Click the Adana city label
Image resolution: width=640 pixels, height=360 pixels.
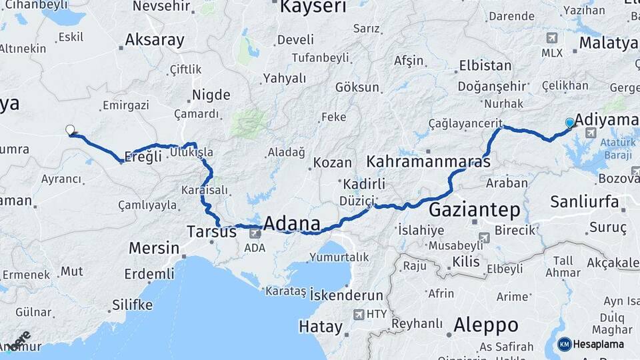(292, 223)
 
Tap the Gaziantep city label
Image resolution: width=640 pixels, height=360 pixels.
(474, 211)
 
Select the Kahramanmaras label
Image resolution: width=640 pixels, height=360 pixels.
(429, 162)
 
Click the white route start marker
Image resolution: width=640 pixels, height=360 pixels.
(70, 129)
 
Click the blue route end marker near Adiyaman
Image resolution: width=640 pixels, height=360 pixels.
(569, 123)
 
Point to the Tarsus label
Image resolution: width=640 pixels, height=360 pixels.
(211, 232)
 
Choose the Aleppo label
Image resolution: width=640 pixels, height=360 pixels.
(485, 325)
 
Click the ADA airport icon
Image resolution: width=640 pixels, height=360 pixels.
(255, 233)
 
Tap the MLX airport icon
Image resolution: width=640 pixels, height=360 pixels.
(552, 39)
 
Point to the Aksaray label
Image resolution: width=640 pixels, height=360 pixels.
(154, 40)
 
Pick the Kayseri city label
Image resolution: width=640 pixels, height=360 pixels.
(313, 7)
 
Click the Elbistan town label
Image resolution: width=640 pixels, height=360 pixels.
(485, 66)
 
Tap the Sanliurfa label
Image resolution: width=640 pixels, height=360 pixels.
(585, 201)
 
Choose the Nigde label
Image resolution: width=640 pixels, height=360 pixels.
(211, 95)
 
